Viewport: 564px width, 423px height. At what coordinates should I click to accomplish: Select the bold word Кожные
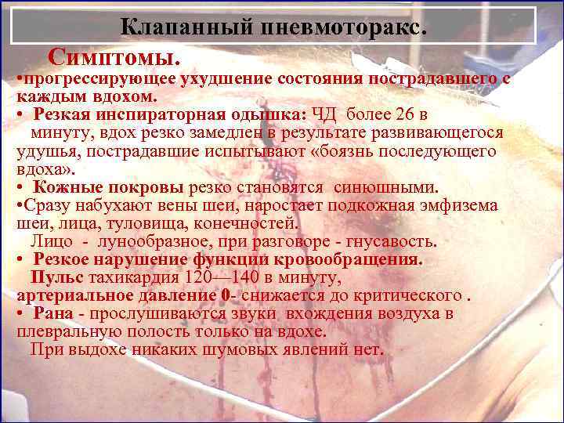pos(69,187)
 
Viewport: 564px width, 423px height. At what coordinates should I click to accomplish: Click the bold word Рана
pos(58,313)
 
